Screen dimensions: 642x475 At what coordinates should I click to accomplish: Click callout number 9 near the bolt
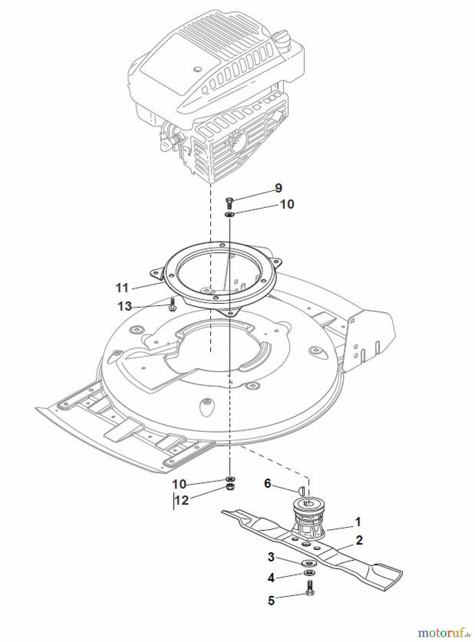tap(278, 188)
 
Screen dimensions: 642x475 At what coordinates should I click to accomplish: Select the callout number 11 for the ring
tap(122, 288)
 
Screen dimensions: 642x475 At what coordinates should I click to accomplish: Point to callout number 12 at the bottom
tap(182, 500)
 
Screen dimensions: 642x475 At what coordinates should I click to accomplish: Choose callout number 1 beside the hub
tap(358, 521)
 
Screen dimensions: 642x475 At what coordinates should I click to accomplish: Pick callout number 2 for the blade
tap(359, 540)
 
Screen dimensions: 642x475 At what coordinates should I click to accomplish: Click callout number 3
tap(271, 557)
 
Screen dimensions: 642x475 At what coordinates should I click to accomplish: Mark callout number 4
tap(271, 578)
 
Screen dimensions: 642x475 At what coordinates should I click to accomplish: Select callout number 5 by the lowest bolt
tap(271, 601)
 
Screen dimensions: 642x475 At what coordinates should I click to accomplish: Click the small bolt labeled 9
tap(229, 202)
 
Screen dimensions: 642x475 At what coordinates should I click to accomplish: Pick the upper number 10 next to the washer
tap(287, 204)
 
